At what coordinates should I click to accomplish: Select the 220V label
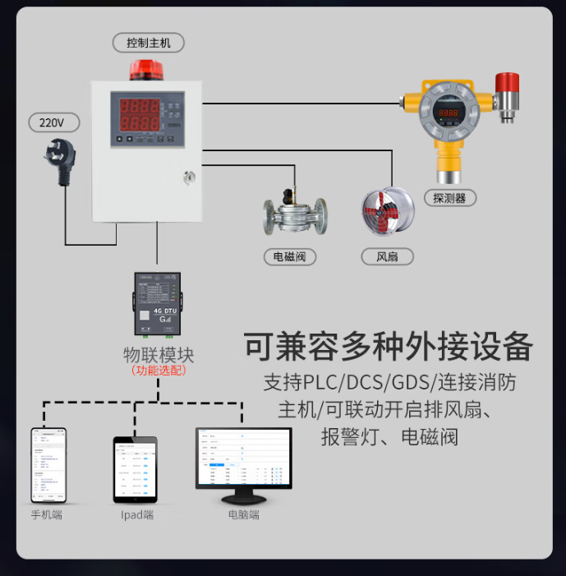click(x=51, y=123)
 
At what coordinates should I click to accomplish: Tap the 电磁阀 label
click(x=289, y=256)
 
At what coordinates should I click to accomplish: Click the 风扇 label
click(x=387, y=256)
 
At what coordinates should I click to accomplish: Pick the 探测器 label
click(x=449, y=197)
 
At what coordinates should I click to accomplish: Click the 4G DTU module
click(x=157, y=303)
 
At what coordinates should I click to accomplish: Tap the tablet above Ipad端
click(x=134, y=468)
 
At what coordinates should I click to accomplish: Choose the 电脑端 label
click(x=244, y=515)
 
